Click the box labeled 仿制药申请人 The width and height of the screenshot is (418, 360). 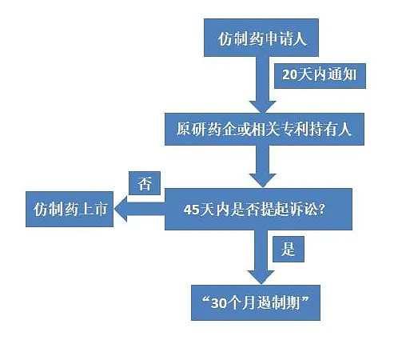coord(261,38)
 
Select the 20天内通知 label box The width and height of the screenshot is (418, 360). coord(320,76)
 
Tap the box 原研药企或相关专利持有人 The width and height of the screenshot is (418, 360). coord(265,129)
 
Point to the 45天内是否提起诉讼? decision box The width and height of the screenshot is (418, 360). coord(258,210)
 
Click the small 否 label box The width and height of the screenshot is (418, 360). coord(145,183)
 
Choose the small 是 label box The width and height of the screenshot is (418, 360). coord(289,250)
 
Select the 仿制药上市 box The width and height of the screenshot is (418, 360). coord(70,210)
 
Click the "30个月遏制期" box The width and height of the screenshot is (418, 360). coord(256,302)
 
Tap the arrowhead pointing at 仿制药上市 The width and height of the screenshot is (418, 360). coord(121,210)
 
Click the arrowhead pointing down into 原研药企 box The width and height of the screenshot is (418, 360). coord(263,106)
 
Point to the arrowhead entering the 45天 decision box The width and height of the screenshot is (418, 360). coord(263,181)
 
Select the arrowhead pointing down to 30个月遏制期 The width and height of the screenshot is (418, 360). coord(261,278)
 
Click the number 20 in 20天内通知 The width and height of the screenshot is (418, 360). coord(290,74)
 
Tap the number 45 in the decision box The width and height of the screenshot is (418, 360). coord(191,210)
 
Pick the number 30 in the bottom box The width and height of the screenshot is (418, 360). coord(218,303)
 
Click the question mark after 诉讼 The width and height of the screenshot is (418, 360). coord(322,209)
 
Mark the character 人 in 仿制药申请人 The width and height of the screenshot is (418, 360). coord(300,39)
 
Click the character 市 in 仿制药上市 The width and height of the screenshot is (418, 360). coord(100,209)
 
